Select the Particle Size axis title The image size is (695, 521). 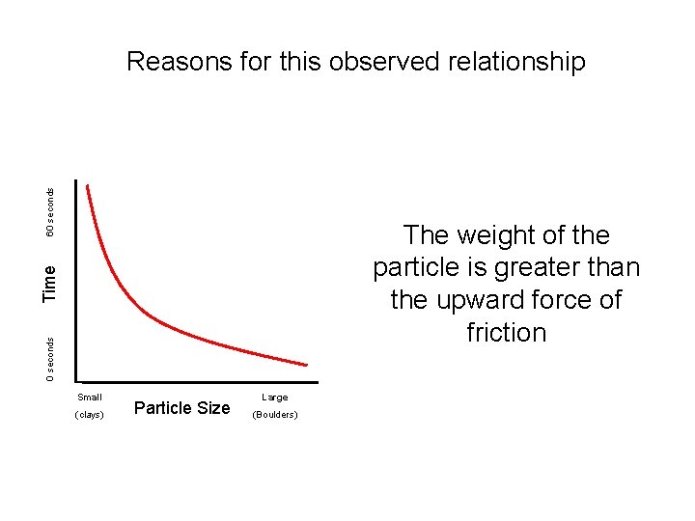tap(181, 408)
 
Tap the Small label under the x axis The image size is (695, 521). tap(90, 397)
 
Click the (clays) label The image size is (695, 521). tap(89, 415)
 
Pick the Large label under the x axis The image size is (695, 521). tap(274, 397)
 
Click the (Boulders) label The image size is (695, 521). tap(274, 415)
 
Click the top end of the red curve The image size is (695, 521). tap(88, 185)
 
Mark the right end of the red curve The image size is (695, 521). tap(307, 365)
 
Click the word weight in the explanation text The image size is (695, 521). tap(492, 235)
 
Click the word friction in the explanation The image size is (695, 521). tap(506, 333)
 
